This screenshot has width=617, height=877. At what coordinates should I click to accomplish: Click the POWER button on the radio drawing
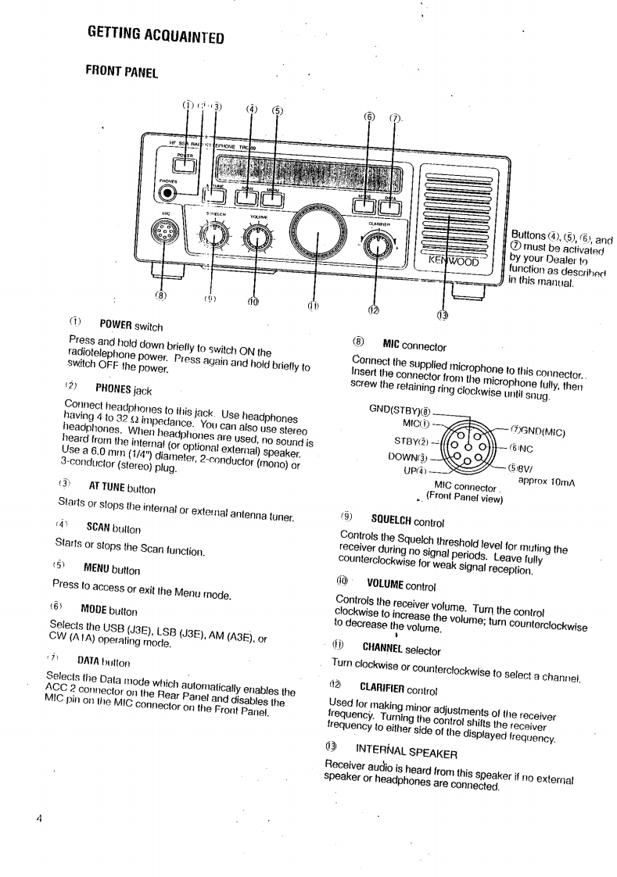(x=185, y=164)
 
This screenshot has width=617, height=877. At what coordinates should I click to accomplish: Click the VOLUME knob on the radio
(x=256, y=238)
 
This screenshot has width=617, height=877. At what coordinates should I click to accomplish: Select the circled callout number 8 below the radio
(x=161, y=295)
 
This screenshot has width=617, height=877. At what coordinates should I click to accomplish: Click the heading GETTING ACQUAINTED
(x=156, y=35)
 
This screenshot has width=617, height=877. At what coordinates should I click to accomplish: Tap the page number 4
(x=38, y=819)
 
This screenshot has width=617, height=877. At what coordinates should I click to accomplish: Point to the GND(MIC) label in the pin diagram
(x=539, y=431)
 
